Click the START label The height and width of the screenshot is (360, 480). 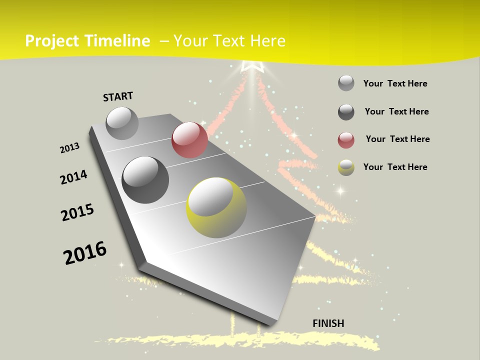(x=118, y=96)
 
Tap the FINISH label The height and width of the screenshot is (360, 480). (x=328, y=323)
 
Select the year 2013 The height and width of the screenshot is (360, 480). (x=70, y=148)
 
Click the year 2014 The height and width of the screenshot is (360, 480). (x=74, y=177)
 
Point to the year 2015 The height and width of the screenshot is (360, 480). (x=77, y=212)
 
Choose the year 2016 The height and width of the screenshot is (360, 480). (x=85, y=253)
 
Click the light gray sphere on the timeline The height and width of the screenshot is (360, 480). (x=122, y=123)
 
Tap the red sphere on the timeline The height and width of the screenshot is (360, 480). (x=189, y=140)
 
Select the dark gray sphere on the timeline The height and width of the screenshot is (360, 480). (x=145, y=180)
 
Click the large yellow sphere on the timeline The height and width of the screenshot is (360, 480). (x=216, y=207)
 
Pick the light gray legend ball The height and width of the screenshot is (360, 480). (x=346, y=83)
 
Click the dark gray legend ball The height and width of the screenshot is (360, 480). (x=346, y=112)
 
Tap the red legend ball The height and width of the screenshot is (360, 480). (x=346, y=140)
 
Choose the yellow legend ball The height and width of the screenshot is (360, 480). (x=346, y=167)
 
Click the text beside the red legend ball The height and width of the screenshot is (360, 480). (x=397, y=139)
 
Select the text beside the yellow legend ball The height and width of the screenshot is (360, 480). (x=395, y=167)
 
